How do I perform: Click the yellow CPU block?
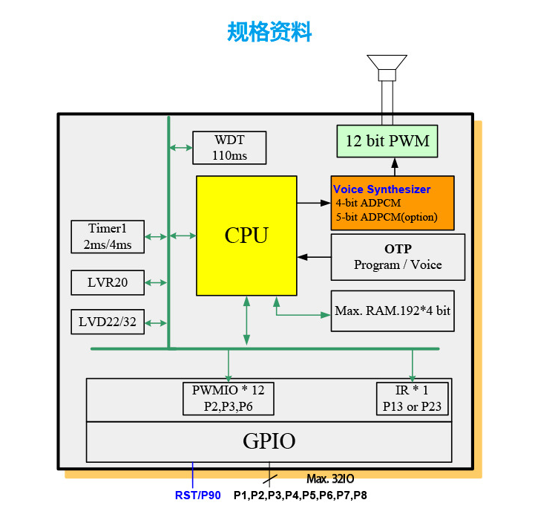click(x=246, y=235)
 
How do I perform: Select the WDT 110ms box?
click(x=229, y=148)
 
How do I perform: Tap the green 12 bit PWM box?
click(x=387, y=141)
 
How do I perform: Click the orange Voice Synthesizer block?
click(x=392, y=203)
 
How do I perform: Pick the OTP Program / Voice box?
click(x=398, y=257)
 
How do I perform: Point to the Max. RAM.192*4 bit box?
click(x=393, y=311)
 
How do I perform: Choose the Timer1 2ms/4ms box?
click(x=108, y=236)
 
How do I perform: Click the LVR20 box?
click(x=108, y=282)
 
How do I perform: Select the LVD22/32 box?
click(x=108, y=322)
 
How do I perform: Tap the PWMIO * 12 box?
click(x=228, y=398)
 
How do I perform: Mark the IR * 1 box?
click(x=413, y=398)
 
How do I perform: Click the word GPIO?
click(x=269, y=441)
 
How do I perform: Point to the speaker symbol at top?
click(x=387, y=67)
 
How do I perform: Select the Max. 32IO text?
click(x=330, y=479)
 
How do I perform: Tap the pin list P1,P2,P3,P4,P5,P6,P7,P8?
click(x=300, y=495)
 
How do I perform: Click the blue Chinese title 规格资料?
click(x=269, y=32)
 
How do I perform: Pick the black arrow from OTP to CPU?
click(x=314, y=257)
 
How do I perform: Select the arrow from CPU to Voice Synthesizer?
click(x=314, y=202)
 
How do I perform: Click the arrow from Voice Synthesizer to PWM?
click(x=394, y=166)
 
